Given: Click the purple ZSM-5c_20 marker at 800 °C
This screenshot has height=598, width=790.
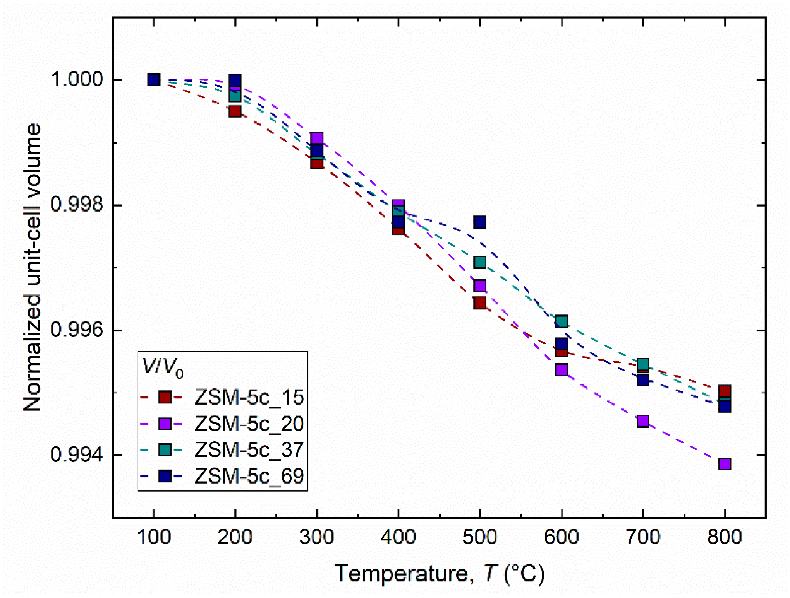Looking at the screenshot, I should click(725, 464).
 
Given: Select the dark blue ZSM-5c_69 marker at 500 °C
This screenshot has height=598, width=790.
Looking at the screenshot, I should click(480, 222).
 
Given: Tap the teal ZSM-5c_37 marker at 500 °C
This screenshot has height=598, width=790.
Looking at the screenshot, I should click(480, 263).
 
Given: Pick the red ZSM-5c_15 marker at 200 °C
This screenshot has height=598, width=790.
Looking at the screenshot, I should click(235, 112).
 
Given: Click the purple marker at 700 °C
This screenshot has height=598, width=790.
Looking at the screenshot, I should click(643, 421).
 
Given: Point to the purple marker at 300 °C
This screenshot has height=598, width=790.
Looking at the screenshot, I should click(317, 138).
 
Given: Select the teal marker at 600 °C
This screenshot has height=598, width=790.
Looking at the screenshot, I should click(562, 321).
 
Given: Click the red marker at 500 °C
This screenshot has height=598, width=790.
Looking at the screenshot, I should click(480, 303).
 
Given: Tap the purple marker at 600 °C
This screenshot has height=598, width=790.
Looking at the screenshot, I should click(562, 370).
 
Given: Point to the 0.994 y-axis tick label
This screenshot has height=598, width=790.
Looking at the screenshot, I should click(77, 454).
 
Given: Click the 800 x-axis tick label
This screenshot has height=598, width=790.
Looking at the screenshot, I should click(724, 537).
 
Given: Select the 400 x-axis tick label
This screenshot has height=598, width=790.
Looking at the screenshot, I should click(398, 537).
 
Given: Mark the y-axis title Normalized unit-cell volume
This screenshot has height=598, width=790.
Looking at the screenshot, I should click(32, 267).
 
